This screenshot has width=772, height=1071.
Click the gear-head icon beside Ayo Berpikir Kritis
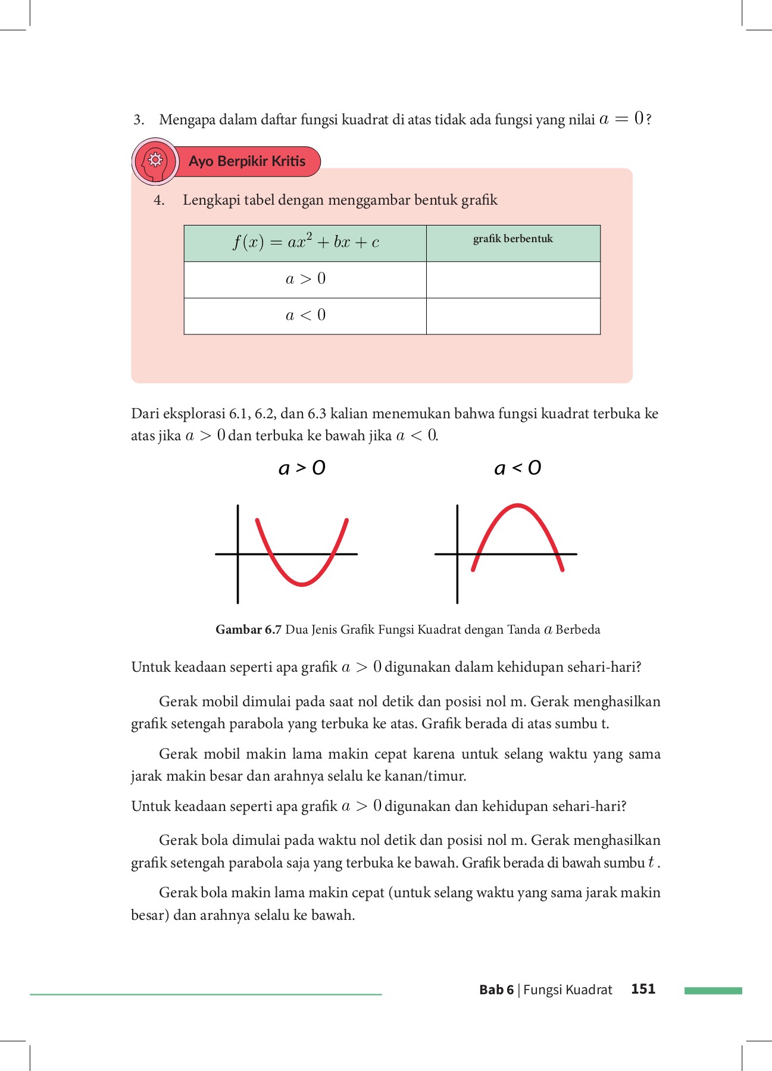pos(155,161)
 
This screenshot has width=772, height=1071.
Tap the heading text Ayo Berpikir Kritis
pos(247,161)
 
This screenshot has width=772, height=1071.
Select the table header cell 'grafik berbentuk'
pos(512,239)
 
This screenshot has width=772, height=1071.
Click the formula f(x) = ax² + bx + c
pos(305,242)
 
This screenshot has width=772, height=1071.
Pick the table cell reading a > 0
pos(305,279)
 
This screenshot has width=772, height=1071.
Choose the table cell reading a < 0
pos(305,315)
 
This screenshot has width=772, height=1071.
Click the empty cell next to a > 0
pos(512,280)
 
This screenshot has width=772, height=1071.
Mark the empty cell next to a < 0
pos(512,316)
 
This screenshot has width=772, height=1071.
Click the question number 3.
pos(138,120)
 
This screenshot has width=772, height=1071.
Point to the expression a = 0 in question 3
pos(622,118)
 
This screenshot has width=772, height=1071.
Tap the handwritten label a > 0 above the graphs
pos(302,468)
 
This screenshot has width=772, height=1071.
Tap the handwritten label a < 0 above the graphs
pos(517,468)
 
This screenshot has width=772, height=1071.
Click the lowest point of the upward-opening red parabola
pos(302,585)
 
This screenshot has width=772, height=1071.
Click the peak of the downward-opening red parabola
pos(518,506)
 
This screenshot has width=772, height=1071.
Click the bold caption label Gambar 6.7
pos(248,630)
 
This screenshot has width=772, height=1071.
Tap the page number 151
pos(643,989)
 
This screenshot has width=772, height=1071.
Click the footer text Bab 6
pos(496,989)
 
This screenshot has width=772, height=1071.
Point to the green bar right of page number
pos(713,991)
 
